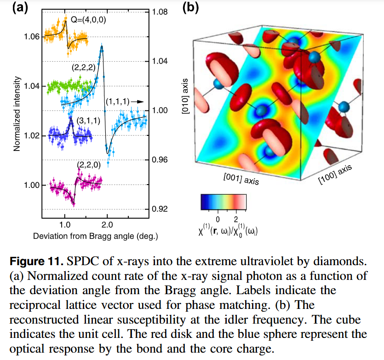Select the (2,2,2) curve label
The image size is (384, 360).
83,67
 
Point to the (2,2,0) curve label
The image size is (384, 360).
88,164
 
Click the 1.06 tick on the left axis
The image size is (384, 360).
32,36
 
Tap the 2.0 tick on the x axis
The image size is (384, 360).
107,226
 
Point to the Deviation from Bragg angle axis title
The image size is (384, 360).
96,236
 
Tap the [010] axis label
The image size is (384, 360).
185,99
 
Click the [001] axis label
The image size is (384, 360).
241,179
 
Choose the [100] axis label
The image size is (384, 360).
335,175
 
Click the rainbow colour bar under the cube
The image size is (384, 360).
224,201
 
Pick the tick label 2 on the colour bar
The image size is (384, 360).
236,217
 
